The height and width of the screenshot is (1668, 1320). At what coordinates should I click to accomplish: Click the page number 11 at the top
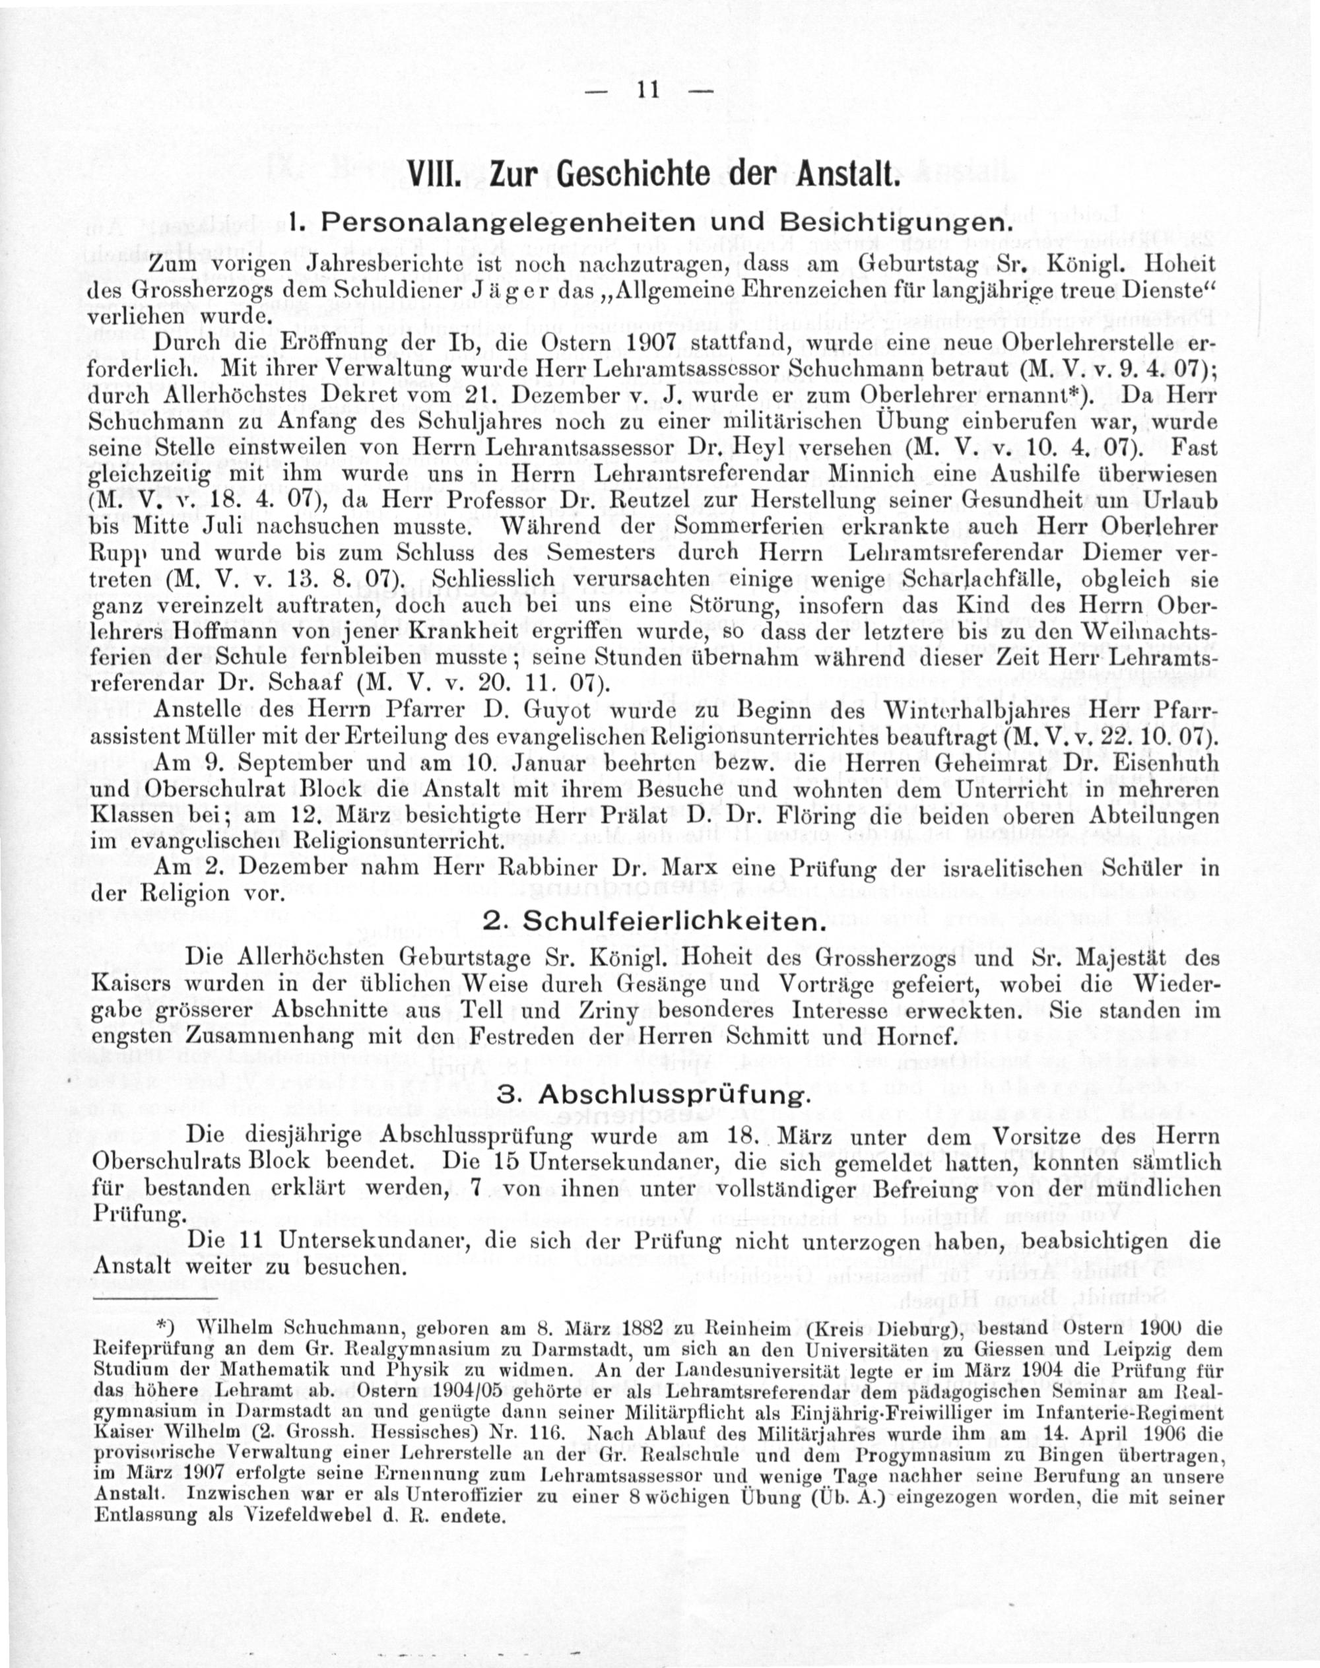(647, 90)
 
